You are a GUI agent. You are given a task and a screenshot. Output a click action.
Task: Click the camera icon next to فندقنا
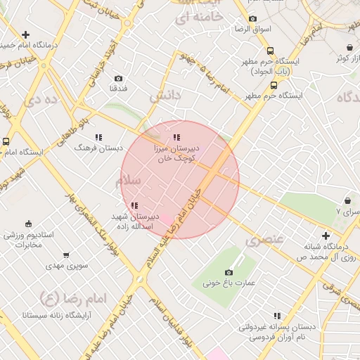[118, 78]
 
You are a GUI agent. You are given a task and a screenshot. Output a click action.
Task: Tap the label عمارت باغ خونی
[229, 283]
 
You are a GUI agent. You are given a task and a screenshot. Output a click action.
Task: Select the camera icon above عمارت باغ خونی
[229, 272]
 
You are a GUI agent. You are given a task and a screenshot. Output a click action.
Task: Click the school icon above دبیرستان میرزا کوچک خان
[176, 137]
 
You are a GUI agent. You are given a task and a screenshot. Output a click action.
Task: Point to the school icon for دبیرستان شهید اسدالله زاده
[134, 205]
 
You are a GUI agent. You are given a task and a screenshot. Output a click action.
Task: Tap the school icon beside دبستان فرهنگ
[98, 137]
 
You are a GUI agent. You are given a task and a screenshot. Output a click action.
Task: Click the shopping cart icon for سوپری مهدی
[66, 255]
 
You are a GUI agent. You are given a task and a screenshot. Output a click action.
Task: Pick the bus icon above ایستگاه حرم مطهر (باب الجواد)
[271, 51]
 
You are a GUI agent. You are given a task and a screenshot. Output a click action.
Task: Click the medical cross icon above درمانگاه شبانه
[326, 236]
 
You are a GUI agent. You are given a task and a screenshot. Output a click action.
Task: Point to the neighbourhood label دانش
[166, 95]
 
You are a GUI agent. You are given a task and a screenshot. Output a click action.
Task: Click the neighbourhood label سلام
[129, 181]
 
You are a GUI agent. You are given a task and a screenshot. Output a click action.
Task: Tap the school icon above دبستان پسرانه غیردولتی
[278, 316]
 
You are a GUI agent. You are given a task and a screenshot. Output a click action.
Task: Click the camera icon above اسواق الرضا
[252, 19]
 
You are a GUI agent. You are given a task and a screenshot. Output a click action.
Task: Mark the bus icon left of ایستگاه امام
[6, 141]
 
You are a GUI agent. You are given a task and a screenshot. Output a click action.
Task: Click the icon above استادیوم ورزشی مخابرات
[27, 224]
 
